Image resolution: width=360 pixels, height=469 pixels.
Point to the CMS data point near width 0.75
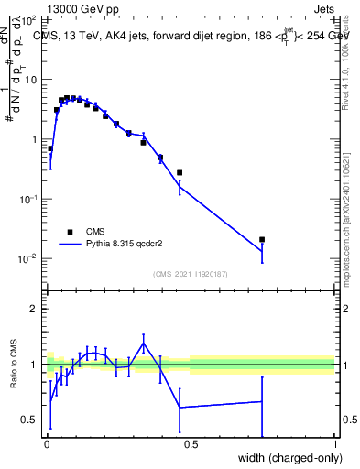pyautogui.click(x=262, y=239)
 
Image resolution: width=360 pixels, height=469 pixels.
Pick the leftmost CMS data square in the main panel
pyautogui.click(x=50, y=148)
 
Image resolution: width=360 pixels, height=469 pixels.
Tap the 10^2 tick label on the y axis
pyautogui.click(x=29, y=19)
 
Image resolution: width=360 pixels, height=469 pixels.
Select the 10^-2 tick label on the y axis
pyautogui.click(x=27, y=259)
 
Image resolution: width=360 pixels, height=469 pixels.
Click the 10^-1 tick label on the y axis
pyautogui.click(x=27, y=200)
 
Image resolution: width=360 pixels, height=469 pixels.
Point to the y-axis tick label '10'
pyautogui.click(x=31, y=80)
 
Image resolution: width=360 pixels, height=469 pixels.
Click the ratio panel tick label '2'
pyautogui.click(x=35, y=309)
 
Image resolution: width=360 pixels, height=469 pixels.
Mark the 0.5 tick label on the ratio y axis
pyautogui.click(x=30, y=420)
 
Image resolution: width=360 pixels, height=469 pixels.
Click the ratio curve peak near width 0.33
pyautogui.click(x=143, y=344)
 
